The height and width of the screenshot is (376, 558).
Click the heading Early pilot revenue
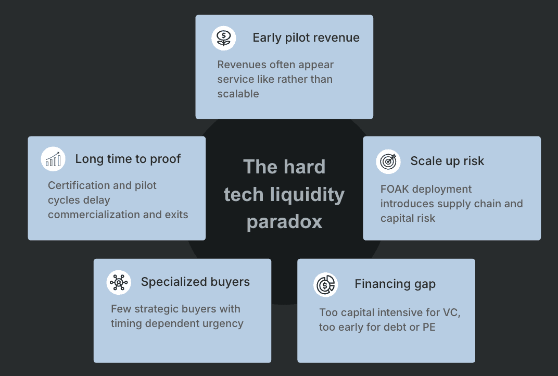click(x=306, y=37)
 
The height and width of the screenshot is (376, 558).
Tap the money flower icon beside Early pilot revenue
click(x=224, y=37)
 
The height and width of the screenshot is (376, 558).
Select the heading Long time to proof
click(x=128, y=159)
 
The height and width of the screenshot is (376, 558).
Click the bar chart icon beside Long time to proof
click(x=53, y=159)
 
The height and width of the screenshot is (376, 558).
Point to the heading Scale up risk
click(x=447, y=161)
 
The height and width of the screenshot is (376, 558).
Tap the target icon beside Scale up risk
click(x=388, y=161)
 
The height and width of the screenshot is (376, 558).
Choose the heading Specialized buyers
click(x=195, y=282)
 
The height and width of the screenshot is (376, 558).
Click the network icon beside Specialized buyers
click(x=119, y=282)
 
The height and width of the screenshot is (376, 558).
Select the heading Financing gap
click(x=395, y=284)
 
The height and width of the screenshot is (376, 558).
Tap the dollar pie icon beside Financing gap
click(x=325, y=284)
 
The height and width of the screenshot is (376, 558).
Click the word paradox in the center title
click(x=284, y=222)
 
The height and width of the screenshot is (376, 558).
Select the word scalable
click(x=238, y=94)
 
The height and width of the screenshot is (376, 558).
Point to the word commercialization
click(x=89, y=215)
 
